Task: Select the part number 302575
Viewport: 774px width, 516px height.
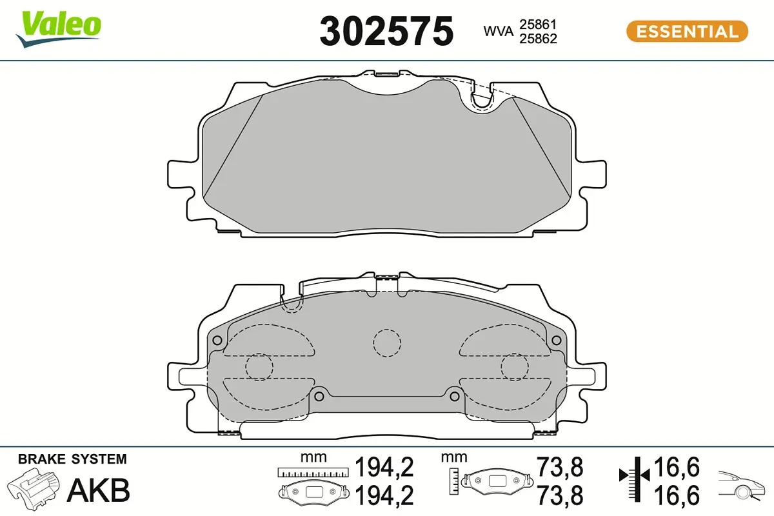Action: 386,31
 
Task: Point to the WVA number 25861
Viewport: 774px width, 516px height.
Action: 538,25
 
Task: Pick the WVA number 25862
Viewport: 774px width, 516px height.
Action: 538,39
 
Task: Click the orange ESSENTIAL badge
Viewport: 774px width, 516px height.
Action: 687,31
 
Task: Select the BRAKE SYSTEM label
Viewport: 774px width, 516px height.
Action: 72,459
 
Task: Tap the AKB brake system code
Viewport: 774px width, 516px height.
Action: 98,490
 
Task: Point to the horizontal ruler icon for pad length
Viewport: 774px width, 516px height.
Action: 313,472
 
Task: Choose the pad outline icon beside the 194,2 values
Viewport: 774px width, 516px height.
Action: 313,492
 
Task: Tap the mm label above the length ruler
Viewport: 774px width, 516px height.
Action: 313,457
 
